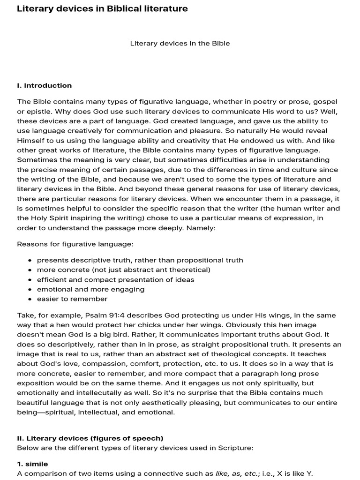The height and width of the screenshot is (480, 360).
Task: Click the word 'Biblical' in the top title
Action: pyautogui.click(x=123, y=8)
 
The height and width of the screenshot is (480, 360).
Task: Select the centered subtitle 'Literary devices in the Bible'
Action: pyautogui.click(x=180, y=43)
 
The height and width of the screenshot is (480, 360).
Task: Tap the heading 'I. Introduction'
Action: pyautogui.click(x=44, y=85)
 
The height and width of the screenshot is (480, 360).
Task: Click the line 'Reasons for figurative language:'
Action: pyautogui.click(x=75, y=244)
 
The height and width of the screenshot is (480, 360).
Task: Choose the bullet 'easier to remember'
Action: pyautogui.click(x=72, y=299)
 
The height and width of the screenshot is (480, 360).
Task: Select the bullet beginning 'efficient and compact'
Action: pyautogui.click(x=115, y=279)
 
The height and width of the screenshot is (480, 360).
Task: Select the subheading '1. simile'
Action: pyautogui.click(x=32, y=464)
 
